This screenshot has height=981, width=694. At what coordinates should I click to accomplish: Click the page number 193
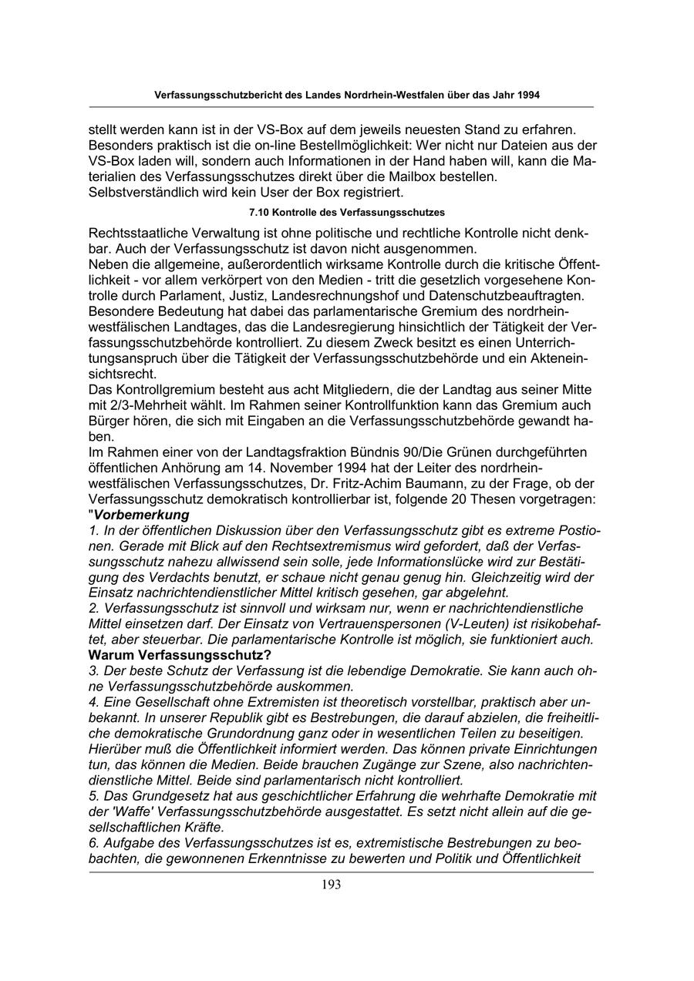tap(332, 885)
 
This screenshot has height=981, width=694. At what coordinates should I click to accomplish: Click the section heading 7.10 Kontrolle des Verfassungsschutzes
tap(346, 211)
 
